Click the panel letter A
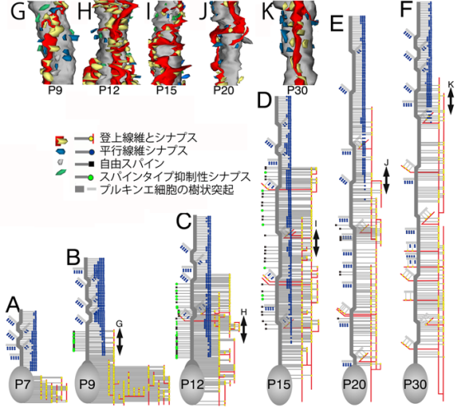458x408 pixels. [x=13, y=305]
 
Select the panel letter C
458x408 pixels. [x=184, y=222]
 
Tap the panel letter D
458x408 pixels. [x=265, y=101]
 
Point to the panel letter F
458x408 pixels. [x=406, y=10]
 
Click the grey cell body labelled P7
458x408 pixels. [x=22, y=383]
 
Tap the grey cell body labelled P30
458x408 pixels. [x=415, y=384]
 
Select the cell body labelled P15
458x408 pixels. [x=279, y=384]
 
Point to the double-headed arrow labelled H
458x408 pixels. [x=243, y=330]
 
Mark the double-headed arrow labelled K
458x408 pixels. [x=451, y=101]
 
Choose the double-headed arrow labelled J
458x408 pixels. [x=386, y=181]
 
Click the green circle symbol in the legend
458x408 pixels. [x=91, y=177]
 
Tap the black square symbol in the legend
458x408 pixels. [x=91, y=164]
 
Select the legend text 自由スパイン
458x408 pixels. [x=132, y=164]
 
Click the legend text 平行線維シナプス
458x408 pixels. [x=144, y=151]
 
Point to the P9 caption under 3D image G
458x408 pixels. [x=55, y=90]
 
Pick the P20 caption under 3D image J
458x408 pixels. [x=224, y=90]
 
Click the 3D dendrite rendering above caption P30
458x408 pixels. [x=297, y=42]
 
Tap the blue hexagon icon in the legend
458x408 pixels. [x=61, y=151]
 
